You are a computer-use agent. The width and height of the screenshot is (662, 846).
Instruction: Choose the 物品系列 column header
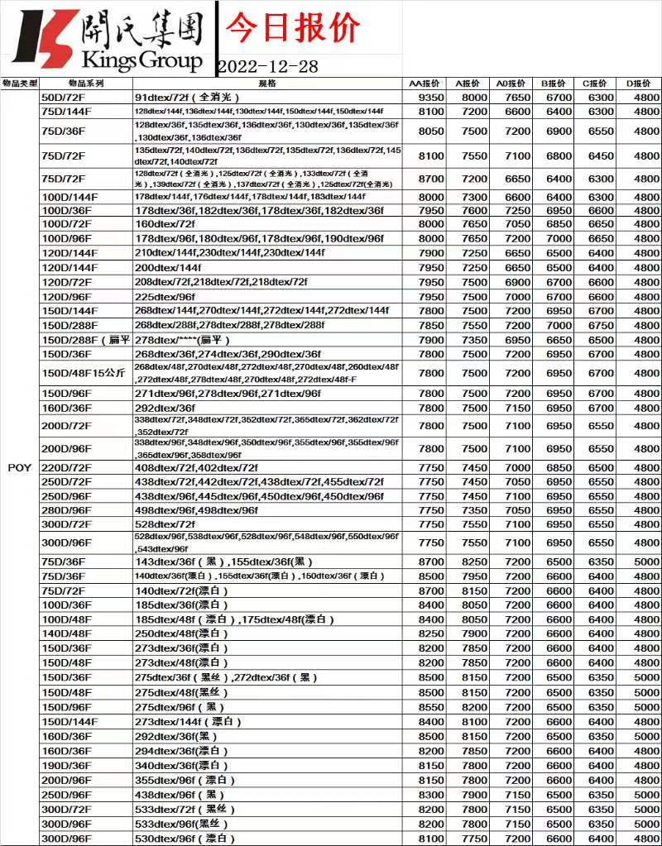click(x=85, y=84)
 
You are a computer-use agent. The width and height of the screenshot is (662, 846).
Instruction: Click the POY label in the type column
click(x=20, y=468)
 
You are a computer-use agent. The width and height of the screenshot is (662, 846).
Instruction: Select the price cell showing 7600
click(x=475, y=210)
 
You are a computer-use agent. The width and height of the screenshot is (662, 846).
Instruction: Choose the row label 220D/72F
click(x=66, y=468)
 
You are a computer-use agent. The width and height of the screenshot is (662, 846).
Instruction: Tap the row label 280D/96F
click(x=66, y=511)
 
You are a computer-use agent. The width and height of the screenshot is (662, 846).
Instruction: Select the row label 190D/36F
click(x=66, y=766)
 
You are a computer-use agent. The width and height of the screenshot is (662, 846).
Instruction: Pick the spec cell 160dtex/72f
click(x=165, y=224)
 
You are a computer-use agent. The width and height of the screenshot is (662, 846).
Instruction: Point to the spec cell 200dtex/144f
click(x=167, y=268)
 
